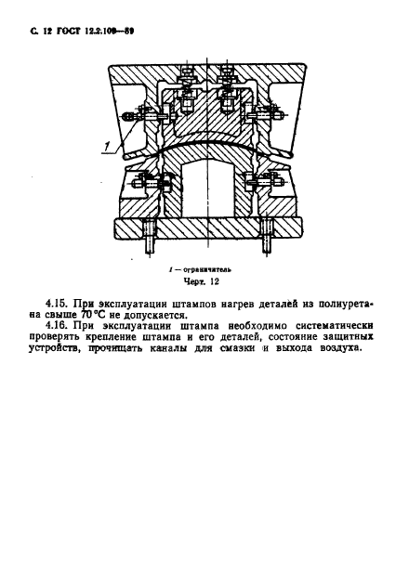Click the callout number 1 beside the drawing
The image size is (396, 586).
tap(108, 146)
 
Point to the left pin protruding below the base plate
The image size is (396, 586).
tap(151, 246)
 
